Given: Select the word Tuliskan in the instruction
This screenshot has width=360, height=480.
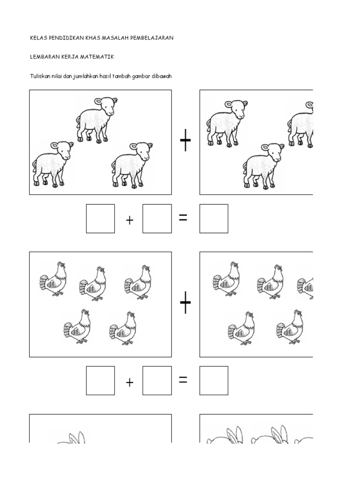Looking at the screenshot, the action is tap(40, 76).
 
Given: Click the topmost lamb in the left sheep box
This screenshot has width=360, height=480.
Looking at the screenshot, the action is tap(97, 120).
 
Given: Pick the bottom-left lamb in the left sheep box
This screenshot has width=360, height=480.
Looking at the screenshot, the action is tap(52, 164).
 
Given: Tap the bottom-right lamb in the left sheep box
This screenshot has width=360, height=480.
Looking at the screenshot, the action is tap(132, 165).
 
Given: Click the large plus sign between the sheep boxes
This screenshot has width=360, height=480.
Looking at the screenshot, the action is tap(185, 140).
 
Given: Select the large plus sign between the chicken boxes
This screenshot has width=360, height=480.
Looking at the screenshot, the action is tap(185, 302).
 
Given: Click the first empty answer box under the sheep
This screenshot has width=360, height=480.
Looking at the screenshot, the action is tap(100, 218).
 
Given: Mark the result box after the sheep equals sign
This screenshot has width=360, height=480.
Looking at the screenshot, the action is tap(214, 218).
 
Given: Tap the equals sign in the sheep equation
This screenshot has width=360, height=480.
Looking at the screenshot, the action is tap(183, 217).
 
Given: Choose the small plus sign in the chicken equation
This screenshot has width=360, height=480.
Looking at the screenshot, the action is tap(129, 382).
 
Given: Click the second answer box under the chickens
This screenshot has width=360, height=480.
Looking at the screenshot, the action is tap(157, 381).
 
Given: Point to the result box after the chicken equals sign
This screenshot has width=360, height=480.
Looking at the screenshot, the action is tap(214, 381).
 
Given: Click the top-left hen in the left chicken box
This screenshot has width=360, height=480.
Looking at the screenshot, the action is tap(53, 278).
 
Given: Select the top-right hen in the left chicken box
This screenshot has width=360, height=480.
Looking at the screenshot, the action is tap(138, 282).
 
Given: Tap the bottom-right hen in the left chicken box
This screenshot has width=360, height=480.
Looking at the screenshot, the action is tap(123, 329).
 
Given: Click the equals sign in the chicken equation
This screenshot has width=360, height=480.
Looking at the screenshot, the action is tap(183, 380).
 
